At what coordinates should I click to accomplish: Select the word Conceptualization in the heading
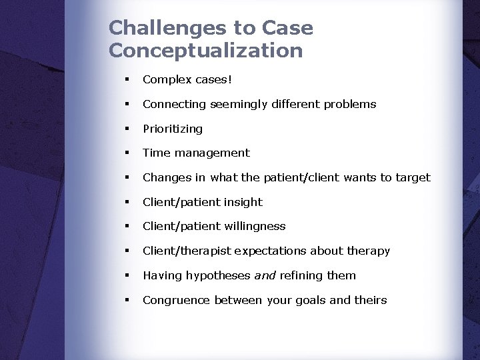(x=205, y=51)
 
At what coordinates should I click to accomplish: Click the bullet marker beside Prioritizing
(x=125, y=128)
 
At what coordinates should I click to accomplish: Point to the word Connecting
(x=175, y=104)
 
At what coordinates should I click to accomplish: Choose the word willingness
(x=255, y=226)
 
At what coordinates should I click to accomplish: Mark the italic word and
(x=265, y=275)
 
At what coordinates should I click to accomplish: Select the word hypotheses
(x=218, y=275)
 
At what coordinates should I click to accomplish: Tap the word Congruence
(x=177, y=300)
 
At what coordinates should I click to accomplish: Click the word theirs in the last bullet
(x=370, y=300)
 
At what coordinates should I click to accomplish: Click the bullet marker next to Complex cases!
(x=125, y=79)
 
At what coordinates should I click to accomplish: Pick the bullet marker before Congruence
(x=125, y=300)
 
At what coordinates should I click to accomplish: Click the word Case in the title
(x=287, y=28)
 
